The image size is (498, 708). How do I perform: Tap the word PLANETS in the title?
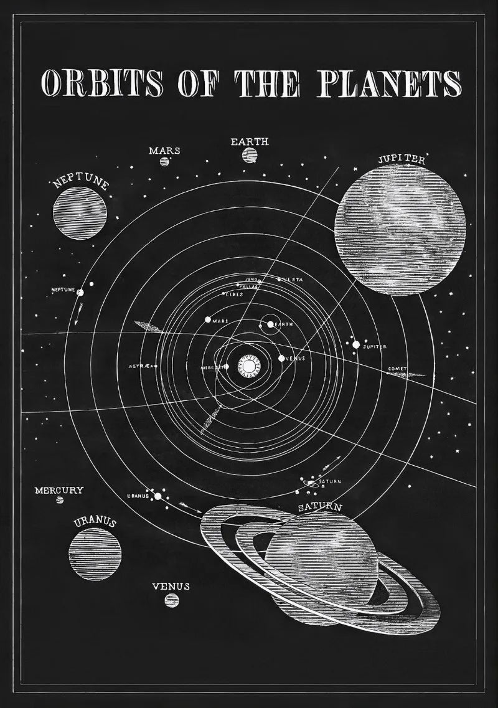[390, 83]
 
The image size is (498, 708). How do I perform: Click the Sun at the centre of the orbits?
[248, 366]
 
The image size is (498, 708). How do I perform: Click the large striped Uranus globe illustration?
[95, 554]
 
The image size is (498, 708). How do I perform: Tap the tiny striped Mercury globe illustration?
[60, 500]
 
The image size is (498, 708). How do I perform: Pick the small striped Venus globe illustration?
[171, 600]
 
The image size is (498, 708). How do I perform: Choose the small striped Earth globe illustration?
[250, 154]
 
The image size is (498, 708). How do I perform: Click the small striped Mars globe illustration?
[164, 161]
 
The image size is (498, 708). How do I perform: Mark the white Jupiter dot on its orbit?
[356, 344]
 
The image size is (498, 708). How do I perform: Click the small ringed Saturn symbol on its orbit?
[309, 481]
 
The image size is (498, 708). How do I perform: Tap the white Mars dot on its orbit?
[208, 319]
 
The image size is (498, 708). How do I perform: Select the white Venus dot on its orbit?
[281, 358]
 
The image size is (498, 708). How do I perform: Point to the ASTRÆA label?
[141, 366]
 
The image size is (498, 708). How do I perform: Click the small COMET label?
[397, 369]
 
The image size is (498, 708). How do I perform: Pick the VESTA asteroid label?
[293, 280]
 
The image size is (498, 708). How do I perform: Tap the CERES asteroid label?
[234, 293]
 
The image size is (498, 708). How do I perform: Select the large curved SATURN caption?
[320, 507]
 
